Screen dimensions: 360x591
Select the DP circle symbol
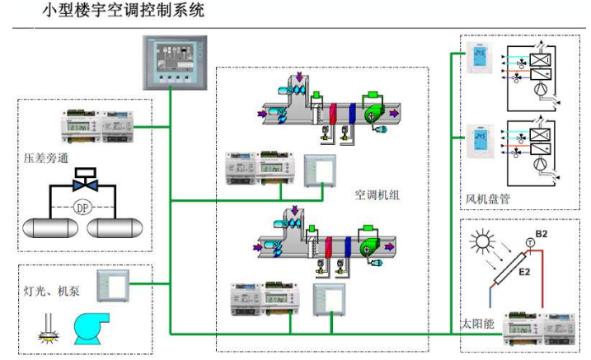click(82, 208)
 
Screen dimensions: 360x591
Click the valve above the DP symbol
click(84, 180)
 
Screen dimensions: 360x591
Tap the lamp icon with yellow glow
click(43, 332)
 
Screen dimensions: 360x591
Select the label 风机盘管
click(486, 199)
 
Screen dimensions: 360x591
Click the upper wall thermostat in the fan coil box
click(478, 59)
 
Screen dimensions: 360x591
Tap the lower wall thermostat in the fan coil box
click(478, 140)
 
